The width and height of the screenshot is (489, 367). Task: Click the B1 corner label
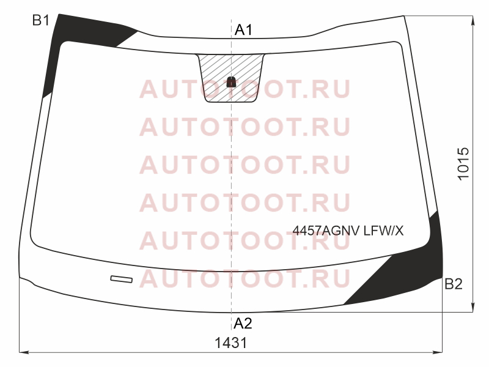(x=41, y=21)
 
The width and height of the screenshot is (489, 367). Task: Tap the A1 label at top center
(x=243, y=30)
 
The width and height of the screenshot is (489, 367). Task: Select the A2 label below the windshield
(x=243, y=324)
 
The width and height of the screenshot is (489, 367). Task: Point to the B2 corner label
(x=454, y=284)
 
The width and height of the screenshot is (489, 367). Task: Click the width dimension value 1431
(x=231, y=343)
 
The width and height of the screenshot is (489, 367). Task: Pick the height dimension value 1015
(x=463, y=163)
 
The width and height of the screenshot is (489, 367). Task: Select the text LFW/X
(x=384, y=231)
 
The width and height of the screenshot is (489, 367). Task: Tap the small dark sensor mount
(x=231, y=82)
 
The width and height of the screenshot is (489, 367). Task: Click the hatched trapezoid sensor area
(x=231, y=78)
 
